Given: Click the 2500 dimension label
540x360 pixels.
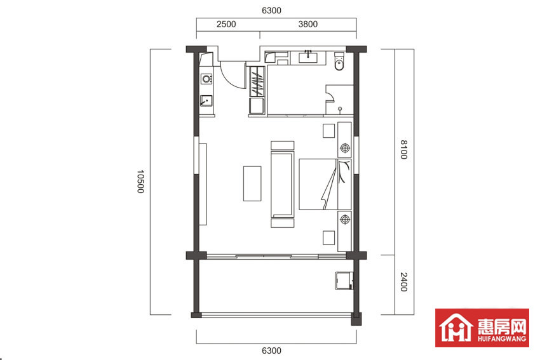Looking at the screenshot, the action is click(226, 24).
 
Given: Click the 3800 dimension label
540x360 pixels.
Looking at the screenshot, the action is click(308, 24).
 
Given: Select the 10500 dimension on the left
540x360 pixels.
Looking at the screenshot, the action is click(140, 182).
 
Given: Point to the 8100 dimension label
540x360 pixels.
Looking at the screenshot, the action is click(403, 150).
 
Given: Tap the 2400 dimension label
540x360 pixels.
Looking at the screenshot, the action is click(403, 282).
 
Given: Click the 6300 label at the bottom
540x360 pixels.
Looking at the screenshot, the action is click(272, 350).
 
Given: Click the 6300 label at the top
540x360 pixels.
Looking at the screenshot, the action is click(272, 10).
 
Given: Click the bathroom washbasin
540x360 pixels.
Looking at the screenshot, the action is click(308, 57).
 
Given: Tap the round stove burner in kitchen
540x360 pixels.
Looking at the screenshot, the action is click(206, 79).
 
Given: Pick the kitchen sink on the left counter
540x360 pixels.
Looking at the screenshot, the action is click(206, 101).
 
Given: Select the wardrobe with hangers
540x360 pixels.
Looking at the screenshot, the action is click(257, 81).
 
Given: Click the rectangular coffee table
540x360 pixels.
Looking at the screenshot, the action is click(252, 183).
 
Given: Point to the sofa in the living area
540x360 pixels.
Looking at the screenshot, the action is click(283, 184).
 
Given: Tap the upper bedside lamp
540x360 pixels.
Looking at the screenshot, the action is click(345, 148).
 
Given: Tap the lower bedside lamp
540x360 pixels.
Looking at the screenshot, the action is click(345, 219).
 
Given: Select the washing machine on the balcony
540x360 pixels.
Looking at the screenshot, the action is click(344, 281).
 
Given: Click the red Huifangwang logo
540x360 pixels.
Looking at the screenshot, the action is click(482, 328).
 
